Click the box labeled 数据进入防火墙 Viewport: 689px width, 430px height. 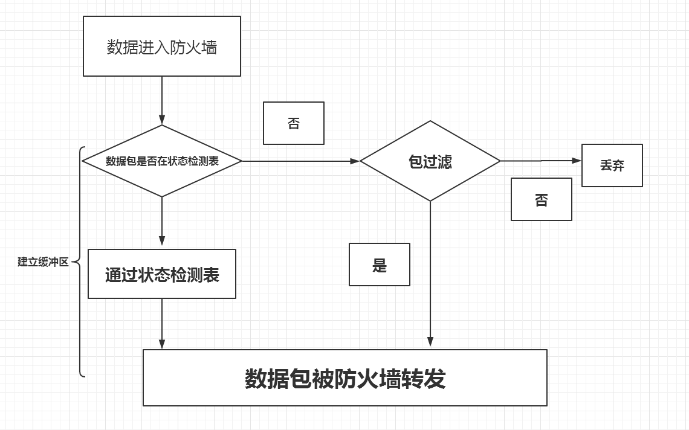[161, 47]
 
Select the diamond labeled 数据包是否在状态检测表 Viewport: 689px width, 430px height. [162, 161]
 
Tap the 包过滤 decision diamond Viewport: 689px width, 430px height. [430, 161]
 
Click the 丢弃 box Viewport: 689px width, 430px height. [612, 165]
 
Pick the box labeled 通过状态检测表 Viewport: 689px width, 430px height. [162, 274]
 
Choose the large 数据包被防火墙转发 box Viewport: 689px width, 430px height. [344, 377]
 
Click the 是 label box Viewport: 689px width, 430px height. [379, 265]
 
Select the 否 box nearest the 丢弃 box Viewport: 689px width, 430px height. [541, 199]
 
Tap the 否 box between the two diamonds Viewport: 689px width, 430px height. [293, 123]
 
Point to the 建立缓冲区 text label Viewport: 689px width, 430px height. [43, 262]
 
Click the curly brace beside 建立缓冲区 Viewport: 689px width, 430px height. [80, 262]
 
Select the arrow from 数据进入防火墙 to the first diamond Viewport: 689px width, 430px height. [162, 100]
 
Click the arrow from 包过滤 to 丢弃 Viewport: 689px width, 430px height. [540, 161]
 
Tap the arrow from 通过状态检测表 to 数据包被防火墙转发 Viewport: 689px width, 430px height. [162, 324]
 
